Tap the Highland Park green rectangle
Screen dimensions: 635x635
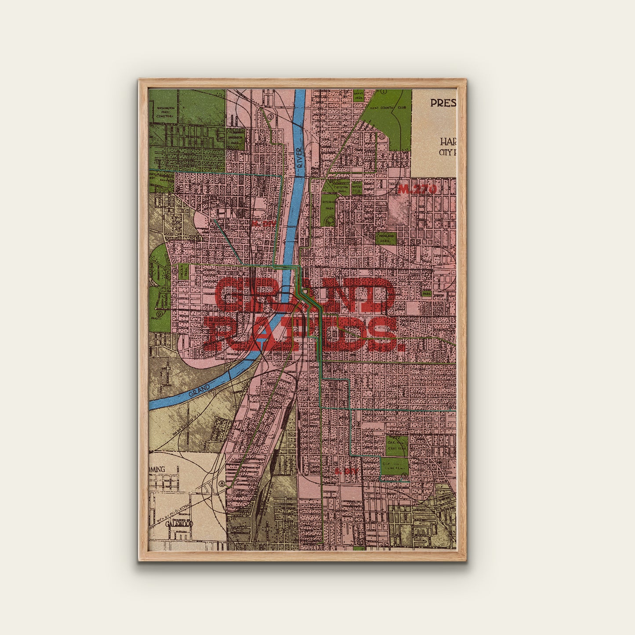[386, 238]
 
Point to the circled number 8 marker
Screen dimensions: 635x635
[223, 484]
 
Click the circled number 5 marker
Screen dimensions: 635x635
[271, 116]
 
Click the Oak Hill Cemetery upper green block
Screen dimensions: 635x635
[396, 445]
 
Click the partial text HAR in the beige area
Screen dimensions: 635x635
[448, 142]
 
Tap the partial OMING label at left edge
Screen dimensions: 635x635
[157, 469]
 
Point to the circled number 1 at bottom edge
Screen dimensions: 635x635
[316, 548]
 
